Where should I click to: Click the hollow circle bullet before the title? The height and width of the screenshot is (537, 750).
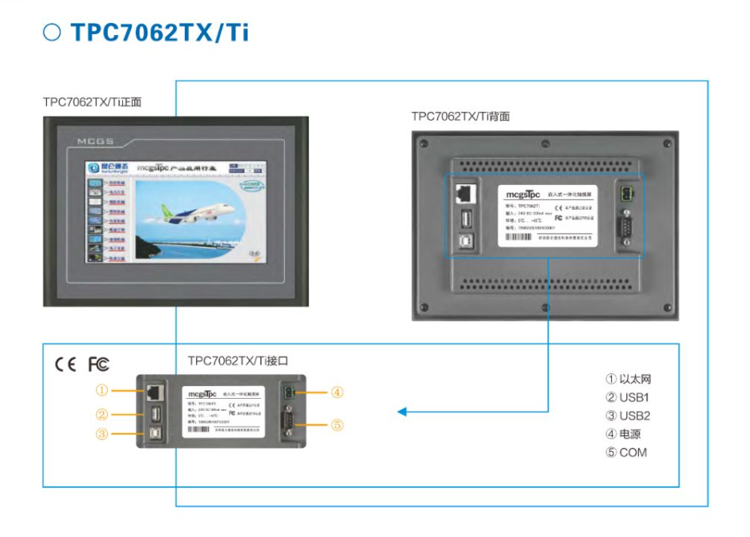[52, 33]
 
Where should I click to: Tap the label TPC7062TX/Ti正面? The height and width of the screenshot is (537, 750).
[92, 102]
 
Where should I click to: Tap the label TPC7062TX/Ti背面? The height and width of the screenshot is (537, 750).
[460, 116]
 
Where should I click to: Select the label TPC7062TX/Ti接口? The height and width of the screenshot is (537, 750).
[237, 361]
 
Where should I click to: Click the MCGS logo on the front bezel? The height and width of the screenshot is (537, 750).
[95, 141]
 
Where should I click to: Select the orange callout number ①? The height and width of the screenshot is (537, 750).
[102, 390]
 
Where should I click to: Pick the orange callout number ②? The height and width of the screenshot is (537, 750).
[102, 414]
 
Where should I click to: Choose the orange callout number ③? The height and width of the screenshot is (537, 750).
[102, 434]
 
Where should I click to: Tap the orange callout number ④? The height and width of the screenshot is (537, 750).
[337, 392]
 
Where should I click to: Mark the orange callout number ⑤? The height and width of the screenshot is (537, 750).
[337, 425]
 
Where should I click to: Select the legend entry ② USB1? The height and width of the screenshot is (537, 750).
[628, 397]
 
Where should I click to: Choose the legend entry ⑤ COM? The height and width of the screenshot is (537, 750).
[625, 452]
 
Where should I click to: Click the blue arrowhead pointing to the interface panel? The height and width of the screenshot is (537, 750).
[402, 412]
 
